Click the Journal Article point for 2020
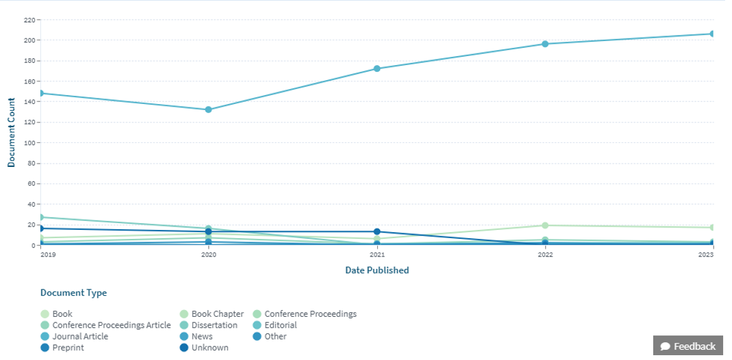[208, 110]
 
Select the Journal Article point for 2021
[377, 68]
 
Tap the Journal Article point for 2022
[545, 44]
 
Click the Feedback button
[687, 346]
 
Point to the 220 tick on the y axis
[29, 20]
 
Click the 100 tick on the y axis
[29, 143]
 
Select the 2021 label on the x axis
[377, 255]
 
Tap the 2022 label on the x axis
[545, 255]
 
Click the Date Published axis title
[377, 270]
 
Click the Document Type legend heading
[73, 293]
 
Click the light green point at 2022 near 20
[545, 225]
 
